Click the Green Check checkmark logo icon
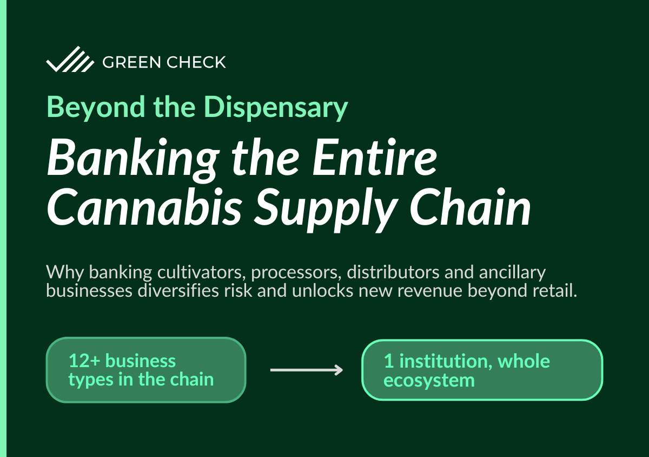click(70, 59)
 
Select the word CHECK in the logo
click(196, 62)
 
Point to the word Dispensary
click(276, 107)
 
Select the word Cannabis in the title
click(144, 207)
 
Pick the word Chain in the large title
click(470, 207)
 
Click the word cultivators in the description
click(200, 272)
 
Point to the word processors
click(296, 273)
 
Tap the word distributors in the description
click(393, 272)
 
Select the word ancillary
click(512, 273)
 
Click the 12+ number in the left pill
click(84, 361)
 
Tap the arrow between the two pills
click(307, 370)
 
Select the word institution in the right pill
click(446, 361)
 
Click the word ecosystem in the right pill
click(429, 381)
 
